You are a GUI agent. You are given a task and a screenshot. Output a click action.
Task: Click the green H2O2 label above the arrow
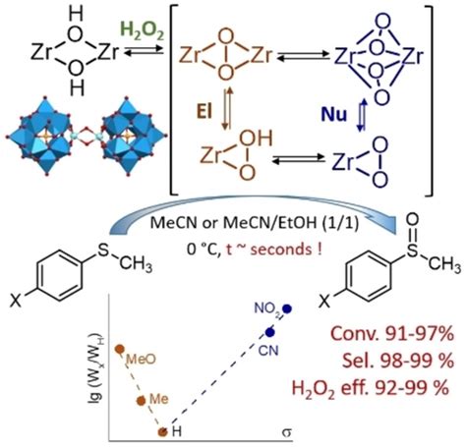click(143, 32)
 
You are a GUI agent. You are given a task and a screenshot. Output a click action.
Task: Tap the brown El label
click(204, 112)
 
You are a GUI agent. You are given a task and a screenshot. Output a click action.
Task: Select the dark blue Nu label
click(334, 115)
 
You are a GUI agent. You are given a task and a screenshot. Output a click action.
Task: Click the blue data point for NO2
click(287, 308)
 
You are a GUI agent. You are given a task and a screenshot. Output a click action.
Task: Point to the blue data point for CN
click(270, 332)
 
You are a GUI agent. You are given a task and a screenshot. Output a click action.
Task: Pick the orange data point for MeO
click(119, 349)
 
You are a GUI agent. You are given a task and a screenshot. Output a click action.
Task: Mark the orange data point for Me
click(141, 401)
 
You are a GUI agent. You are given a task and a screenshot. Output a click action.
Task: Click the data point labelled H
click(162, 432)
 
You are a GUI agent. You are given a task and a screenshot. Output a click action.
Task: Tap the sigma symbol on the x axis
click(286, 432)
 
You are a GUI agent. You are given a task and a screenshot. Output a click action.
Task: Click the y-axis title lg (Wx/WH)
click(96, 367)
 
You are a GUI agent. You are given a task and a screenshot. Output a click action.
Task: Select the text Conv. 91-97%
click(392, 334)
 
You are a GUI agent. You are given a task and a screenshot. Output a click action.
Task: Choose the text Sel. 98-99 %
click(398, 361)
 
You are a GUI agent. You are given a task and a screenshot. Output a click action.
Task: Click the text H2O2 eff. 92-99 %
click(371, 389)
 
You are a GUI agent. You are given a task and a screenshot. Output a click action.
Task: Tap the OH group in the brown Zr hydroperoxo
click(256, 139)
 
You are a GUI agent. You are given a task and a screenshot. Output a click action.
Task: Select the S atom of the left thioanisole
click(103, 251)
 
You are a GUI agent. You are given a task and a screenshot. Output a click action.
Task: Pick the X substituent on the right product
click(324, 302)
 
